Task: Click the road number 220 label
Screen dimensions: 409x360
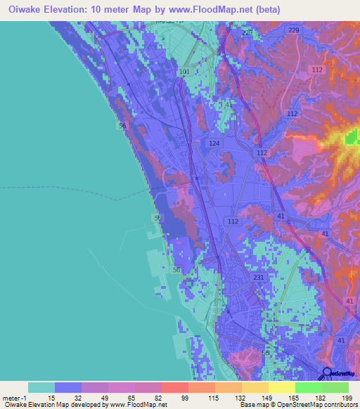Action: point(246,33)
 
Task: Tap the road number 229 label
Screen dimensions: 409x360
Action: point(293,30)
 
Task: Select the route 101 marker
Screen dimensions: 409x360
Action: point(184,72)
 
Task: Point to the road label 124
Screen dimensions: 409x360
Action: point(214,143)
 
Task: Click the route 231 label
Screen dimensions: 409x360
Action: point(257,278)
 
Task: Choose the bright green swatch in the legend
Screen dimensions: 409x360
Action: point(308,387)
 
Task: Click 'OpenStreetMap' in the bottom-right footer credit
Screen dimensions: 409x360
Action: point(315,404)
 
